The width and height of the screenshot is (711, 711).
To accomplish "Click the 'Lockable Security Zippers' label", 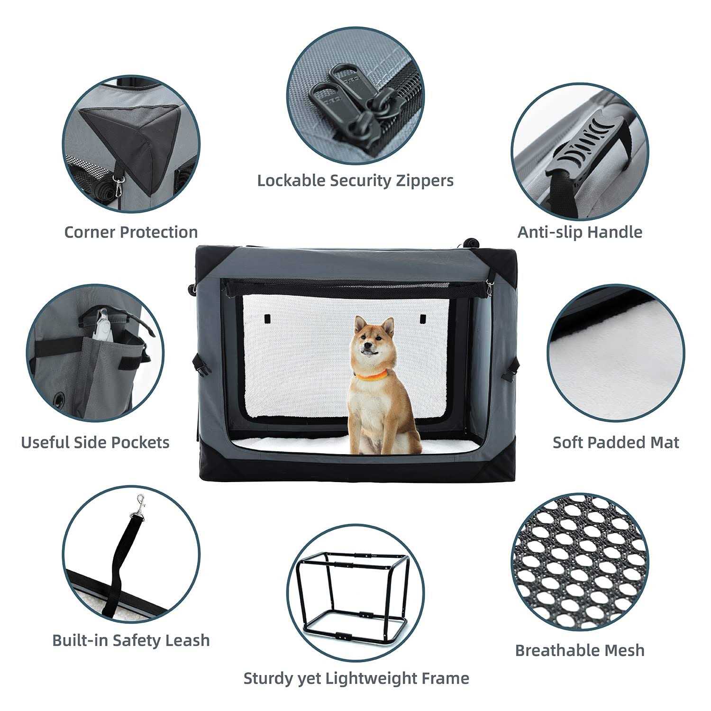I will tap(355, 181).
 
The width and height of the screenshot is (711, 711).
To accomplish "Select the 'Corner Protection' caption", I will tap(131, 232).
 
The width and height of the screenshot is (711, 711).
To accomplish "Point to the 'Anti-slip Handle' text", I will tap(580, 232).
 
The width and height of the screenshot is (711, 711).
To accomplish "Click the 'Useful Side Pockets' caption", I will tap(95, 442).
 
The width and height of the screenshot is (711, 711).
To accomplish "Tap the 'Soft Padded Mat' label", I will tap(616, 442).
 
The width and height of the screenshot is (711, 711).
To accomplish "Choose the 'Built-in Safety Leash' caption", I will tap(131, 640).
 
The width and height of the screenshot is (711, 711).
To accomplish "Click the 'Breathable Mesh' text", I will tap(580, 650).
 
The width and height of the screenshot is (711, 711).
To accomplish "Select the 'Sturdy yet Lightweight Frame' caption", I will tap(356, 678).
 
